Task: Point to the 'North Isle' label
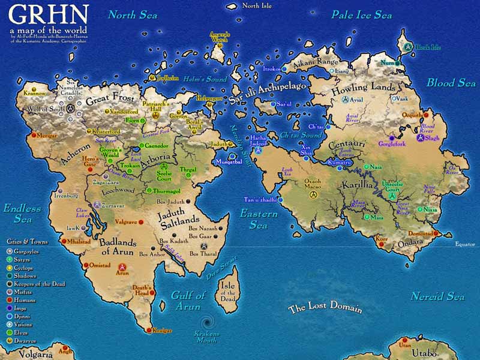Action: pos(257,5)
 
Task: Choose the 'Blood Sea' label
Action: pos(451,83)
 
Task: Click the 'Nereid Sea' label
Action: pos(437,296)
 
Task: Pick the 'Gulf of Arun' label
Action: pos(188,300)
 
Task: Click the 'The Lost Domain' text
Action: pos(325,308)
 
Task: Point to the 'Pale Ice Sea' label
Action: pos(362,15)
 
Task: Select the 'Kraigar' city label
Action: pos(161,331)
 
